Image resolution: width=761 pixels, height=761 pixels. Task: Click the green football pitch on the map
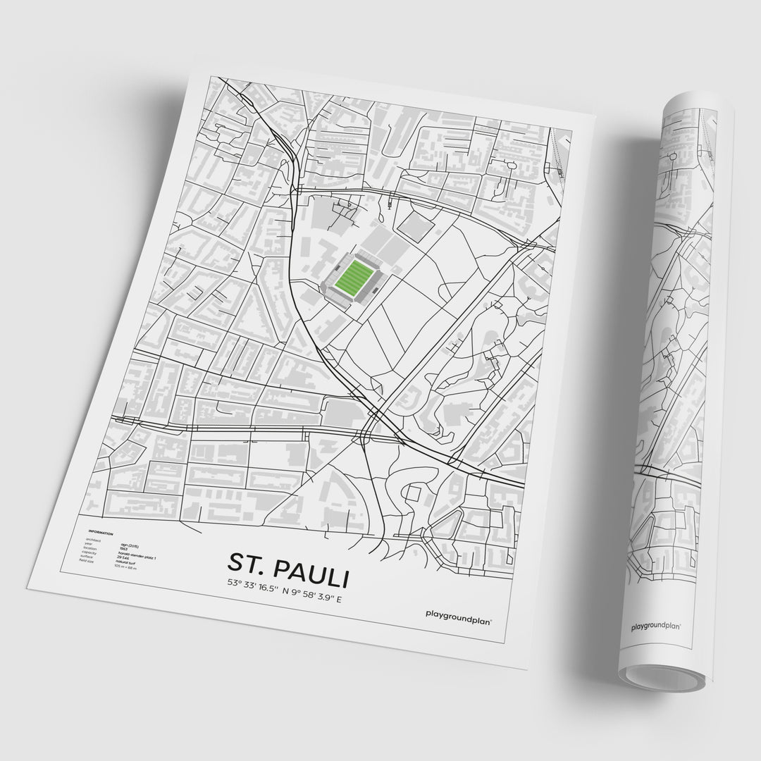click(x=354, y=276)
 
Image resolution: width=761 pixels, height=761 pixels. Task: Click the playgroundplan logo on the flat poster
click(x=459, y=614)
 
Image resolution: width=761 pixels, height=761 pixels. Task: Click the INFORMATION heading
click(x=101, y=533)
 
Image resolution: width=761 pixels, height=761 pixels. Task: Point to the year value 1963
click(x=124, y=548)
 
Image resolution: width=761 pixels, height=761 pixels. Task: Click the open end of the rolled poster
click(x=662, y=676)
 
